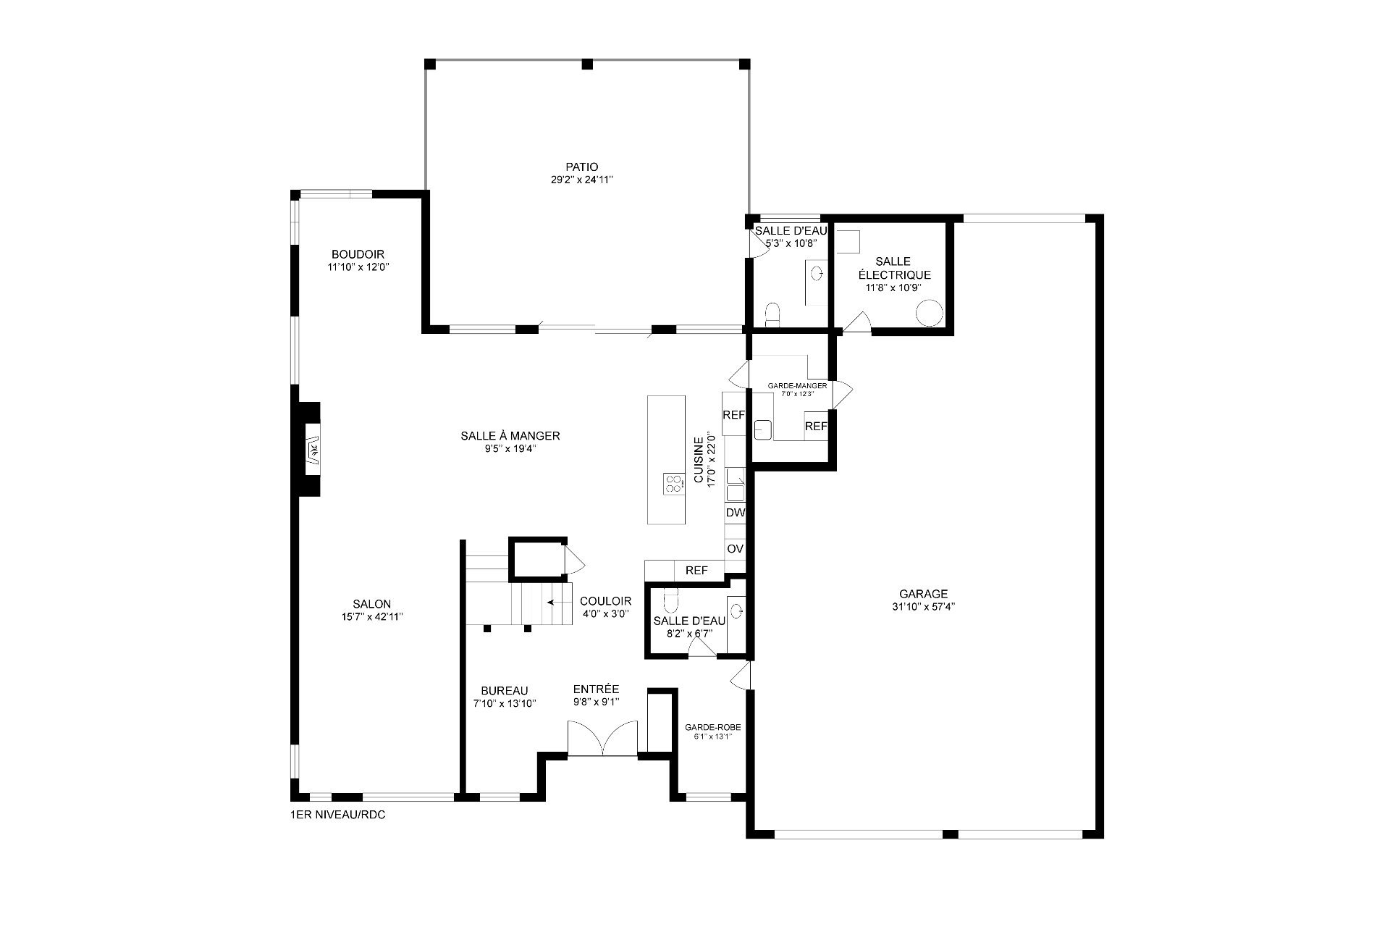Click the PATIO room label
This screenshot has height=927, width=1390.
click(582, 167)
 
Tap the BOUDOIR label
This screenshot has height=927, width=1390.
click(358, 254)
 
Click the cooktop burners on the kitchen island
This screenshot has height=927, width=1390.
click(673, 483)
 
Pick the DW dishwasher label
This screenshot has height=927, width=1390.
click(736, 513)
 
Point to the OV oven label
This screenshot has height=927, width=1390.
click(736, 549)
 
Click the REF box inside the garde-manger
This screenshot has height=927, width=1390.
click(816, 427)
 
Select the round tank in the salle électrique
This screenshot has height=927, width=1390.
click(930, 313)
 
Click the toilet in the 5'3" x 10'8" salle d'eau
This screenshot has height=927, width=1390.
click(772, 315)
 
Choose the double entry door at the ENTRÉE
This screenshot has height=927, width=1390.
click(602, 739)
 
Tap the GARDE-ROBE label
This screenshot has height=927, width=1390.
click(713, 728)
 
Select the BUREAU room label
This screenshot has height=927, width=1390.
click(505, 691)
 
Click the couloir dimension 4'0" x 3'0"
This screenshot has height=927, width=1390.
click(605, 613)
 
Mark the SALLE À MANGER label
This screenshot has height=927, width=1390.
click(510, 436)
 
